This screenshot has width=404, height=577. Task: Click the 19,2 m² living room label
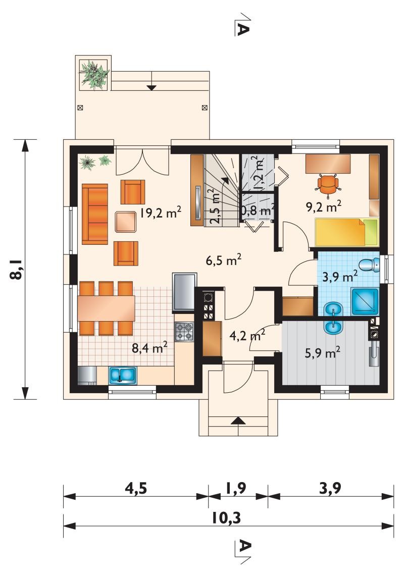pyautogui.click(x=160, y=213)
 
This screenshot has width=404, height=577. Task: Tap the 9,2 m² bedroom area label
pyautogui.click(x=324, y=206)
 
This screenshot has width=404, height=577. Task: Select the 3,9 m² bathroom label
pyautogui.click(x=339, y=276)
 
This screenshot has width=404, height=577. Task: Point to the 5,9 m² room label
pyautogui.click(x=322, y=353)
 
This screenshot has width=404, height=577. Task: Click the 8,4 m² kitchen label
pyautogui.click(x=150, y=347)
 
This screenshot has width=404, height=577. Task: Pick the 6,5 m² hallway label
pyautogui.click(x=224, y=260)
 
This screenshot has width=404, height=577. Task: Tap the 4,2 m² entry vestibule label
pyautogui.click(x=247, y=335)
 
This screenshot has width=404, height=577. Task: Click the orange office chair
pyautogui.click(x=327, y=183)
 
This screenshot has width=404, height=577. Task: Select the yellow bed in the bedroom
pyautogui.click(x=346, y=232)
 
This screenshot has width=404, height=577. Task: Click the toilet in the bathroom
pyautogui.click(x=369, y=265)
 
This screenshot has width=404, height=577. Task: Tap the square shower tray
pyautogui.click(x=365, y=301)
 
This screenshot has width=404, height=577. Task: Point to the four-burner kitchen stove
pyautogui.click(x=184, y=331)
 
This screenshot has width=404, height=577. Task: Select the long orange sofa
pyautogui.click(x=95, y=214)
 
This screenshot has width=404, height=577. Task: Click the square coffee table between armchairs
pyautogui.click(x=126, y=222)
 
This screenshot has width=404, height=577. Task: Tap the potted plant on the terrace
pyautogui.click(x=94, y=75)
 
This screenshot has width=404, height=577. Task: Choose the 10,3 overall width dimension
pyautogui.click(x=226, y=518)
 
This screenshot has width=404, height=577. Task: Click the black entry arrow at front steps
pyautogui.click(x=238, y=421)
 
